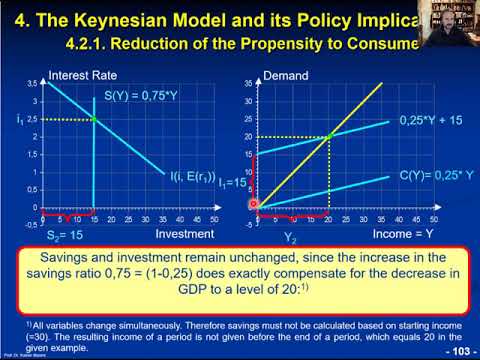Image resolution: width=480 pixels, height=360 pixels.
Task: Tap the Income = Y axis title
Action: pyautogui.click(x=403, y=232)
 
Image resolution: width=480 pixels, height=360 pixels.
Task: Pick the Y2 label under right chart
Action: pyautogui.click(x=290, y=238)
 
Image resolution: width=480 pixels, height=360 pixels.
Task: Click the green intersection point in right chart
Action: pyautogui.click(x=328, y=136)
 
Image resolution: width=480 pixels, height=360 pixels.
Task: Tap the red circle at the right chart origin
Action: pyautogui.click(x=253, y=206)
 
